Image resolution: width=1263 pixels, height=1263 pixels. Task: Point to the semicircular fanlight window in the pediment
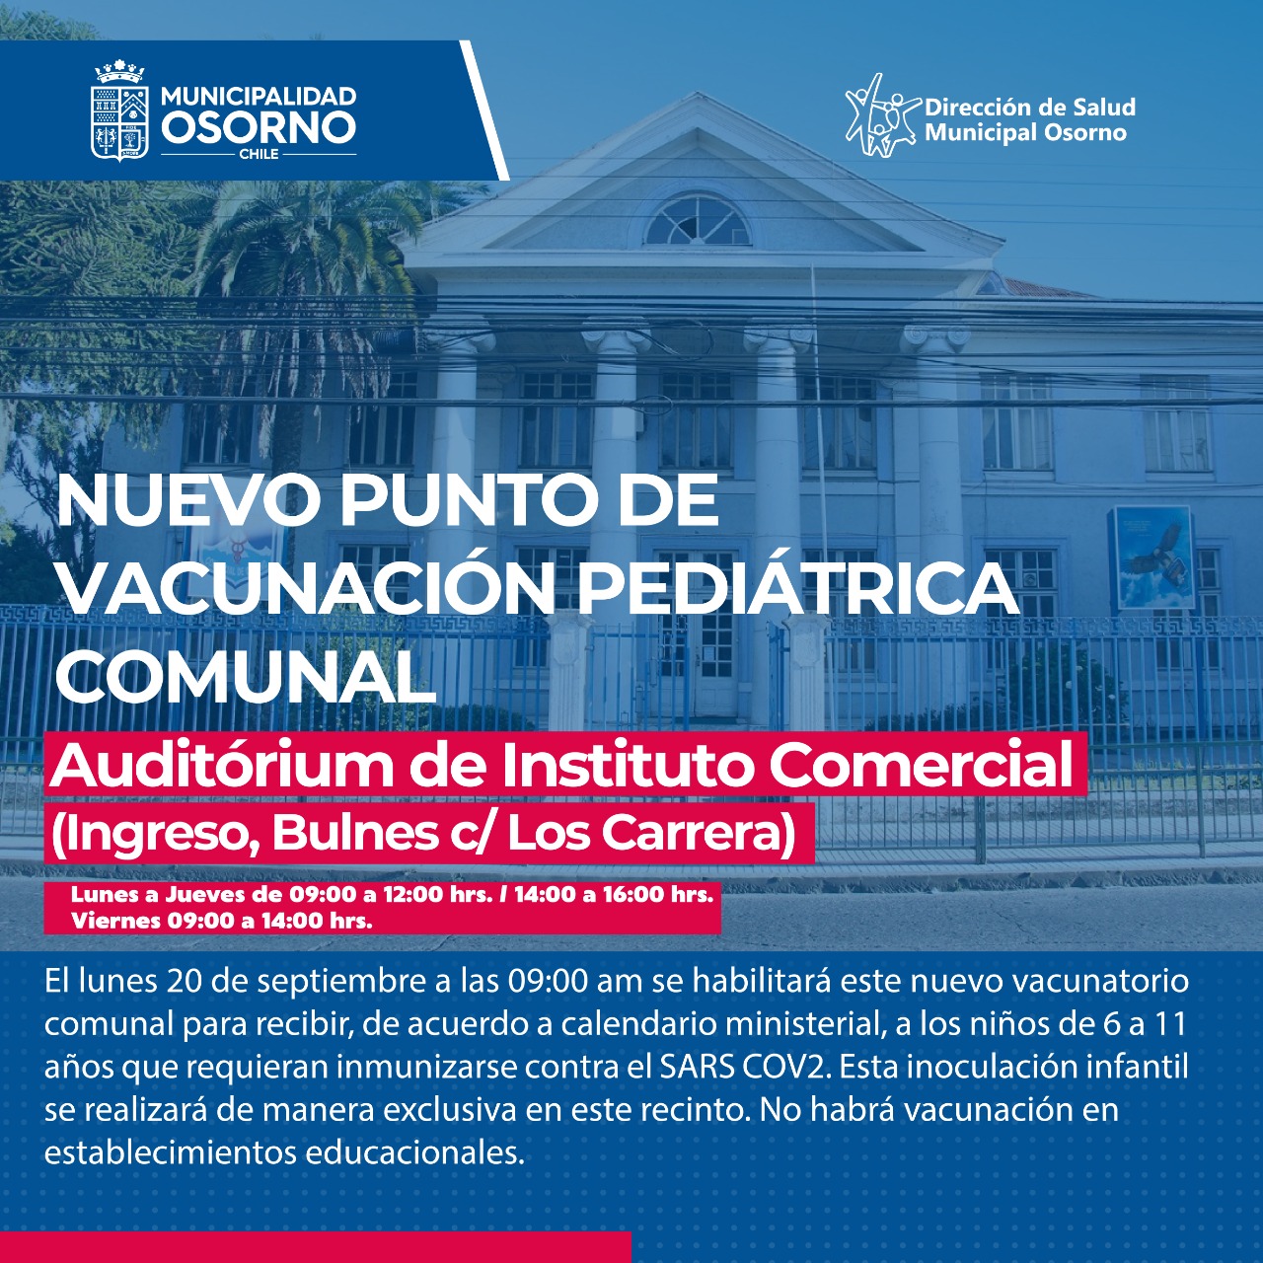pos(698,220)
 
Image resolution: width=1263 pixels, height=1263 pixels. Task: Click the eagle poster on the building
pos(1151,557)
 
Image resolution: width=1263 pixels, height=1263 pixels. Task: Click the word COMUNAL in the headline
pos(247,675)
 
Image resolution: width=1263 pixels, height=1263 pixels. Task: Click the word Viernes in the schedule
pos(116,921)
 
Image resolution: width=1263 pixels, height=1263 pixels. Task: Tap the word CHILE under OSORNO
pos(260,154)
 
